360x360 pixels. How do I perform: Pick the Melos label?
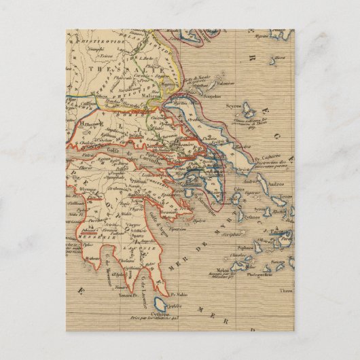[x=239, y=269]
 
